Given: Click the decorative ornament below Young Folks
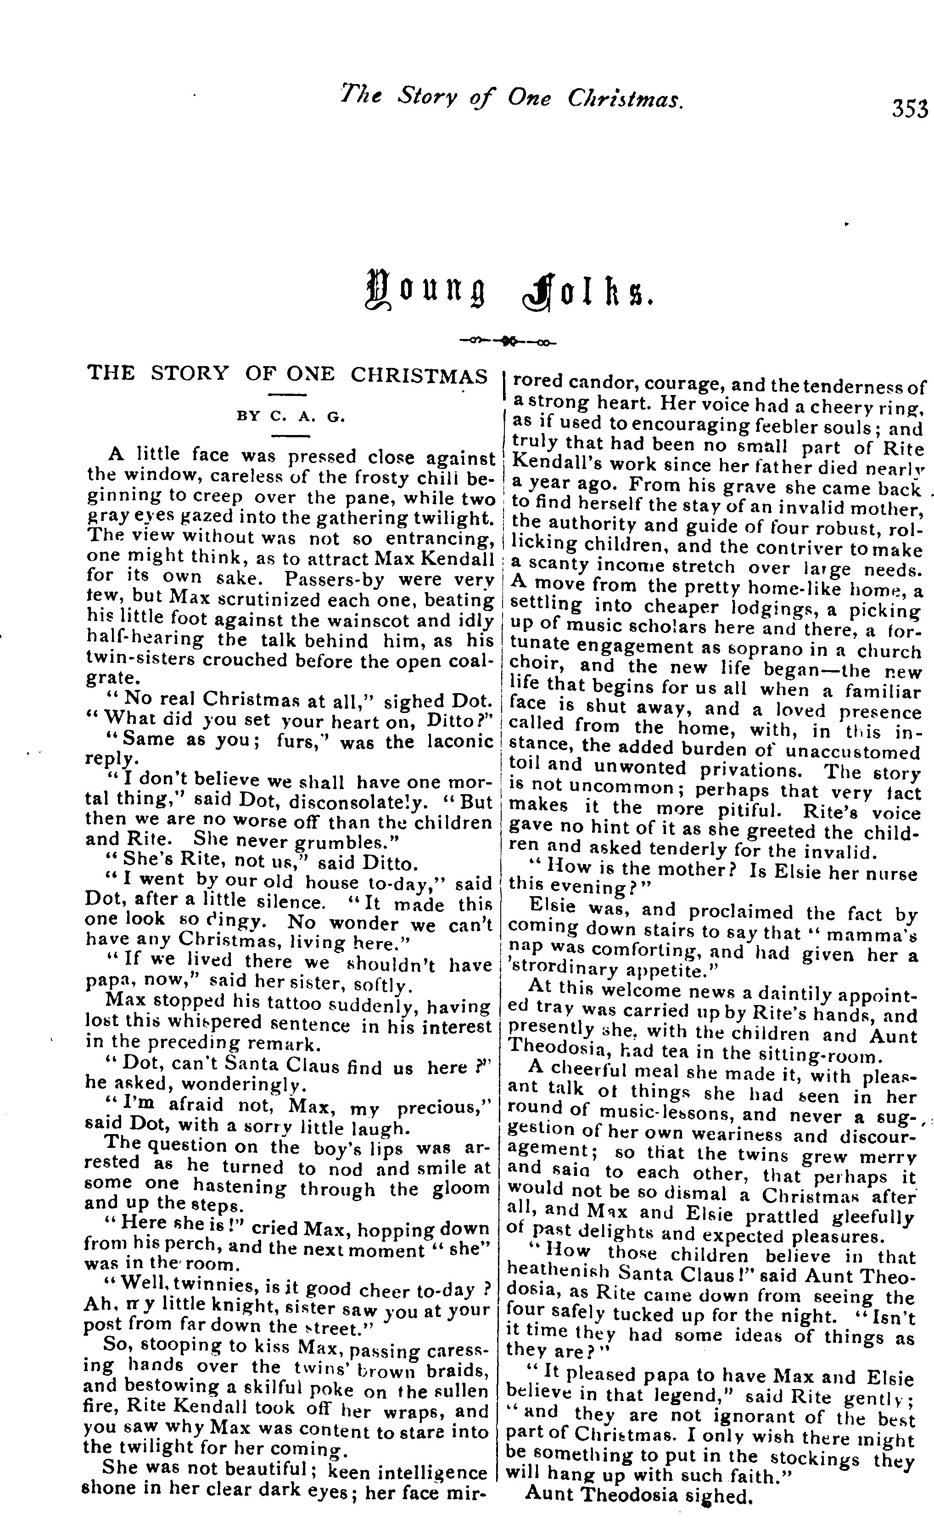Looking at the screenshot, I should coord(508,340).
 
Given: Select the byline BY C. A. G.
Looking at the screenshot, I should coord(290,417).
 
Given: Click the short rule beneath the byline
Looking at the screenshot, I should coord(290,437).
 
